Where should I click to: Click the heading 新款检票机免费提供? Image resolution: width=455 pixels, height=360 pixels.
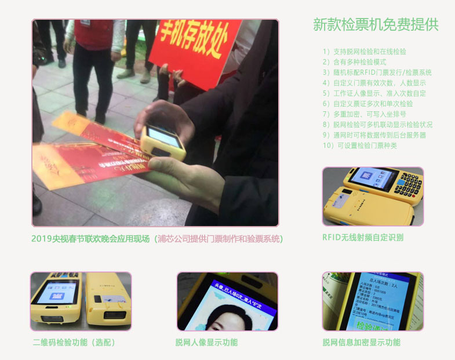(376, 24)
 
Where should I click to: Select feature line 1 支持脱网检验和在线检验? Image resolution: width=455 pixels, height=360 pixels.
(365, 52)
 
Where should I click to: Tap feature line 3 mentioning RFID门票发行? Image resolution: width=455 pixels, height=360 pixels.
(377, 72)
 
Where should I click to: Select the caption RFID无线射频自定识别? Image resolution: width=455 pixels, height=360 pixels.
(363, 238)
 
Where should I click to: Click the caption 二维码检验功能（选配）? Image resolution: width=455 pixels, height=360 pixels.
(74, 343)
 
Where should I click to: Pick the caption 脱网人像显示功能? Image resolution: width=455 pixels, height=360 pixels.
(206, 343)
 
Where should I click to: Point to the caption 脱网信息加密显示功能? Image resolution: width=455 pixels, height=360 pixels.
(362, 343)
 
